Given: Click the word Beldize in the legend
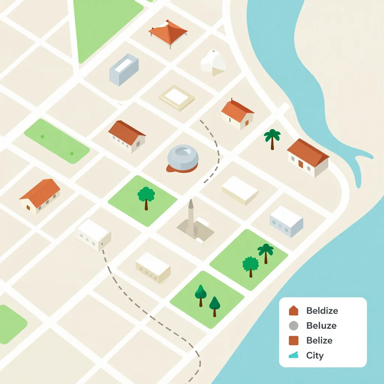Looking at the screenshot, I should click(322, 310).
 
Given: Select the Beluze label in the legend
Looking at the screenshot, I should click(321, 325).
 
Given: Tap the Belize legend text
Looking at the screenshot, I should click(319, 340).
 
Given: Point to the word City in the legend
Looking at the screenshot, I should click(315, 355).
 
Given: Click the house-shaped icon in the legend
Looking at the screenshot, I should click(294, 310).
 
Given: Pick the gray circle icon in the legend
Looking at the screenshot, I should click(294, 325).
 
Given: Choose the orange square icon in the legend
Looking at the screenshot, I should click(294, 340).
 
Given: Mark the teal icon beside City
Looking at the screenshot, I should click(294, 355).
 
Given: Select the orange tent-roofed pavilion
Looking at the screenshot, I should click(168, 32).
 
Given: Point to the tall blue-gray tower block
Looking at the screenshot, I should click(123, 69).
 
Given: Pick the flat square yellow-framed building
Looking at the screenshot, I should click(177, 97).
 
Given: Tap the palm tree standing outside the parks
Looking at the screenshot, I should click(272, 138).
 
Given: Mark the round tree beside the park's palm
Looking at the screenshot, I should click(250, 265).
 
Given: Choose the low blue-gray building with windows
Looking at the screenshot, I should click(286, 221).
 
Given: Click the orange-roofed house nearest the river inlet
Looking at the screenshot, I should click(308, 157).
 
